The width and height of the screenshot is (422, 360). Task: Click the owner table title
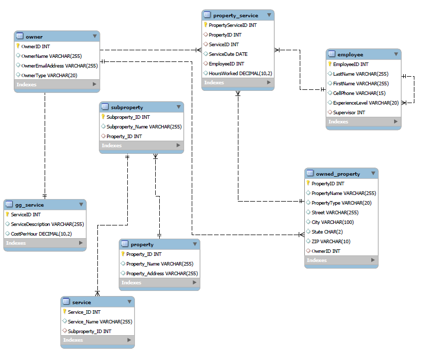click(34, 37)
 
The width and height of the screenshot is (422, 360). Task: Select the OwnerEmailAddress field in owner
click(59, 66)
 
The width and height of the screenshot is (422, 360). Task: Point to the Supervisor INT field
click(349, 112)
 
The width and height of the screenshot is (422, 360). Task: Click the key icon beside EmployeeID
click(329, 64)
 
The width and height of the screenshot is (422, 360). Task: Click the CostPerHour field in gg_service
click(41, 234)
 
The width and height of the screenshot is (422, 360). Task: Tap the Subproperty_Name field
click(144, 127)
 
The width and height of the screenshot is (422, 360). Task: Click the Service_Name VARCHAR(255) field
click(100, 321)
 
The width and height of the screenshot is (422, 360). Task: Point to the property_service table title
click(235, 15)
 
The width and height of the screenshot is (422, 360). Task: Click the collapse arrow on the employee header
click(396, 54)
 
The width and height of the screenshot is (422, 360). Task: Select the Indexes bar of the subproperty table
click(141, 146)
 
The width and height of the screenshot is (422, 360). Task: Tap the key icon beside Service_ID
click(64, 312)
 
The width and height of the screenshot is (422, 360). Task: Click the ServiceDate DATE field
click(228, 54)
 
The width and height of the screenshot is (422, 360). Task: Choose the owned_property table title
click(338, 174)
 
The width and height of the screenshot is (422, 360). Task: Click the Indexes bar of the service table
click(97, 340)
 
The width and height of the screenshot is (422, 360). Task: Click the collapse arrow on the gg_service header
click(81, 205)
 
